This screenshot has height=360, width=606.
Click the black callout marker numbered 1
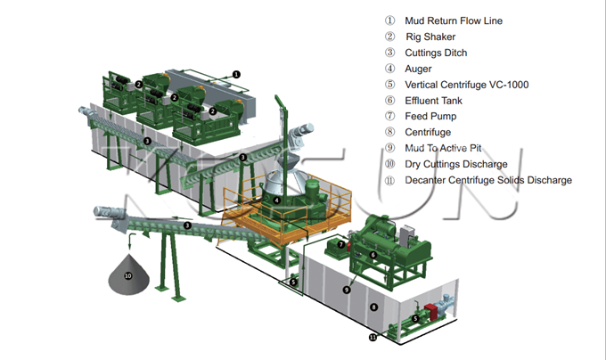236,73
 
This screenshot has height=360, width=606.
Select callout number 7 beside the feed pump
340,244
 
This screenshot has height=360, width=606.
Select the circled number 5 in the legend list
389,85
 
